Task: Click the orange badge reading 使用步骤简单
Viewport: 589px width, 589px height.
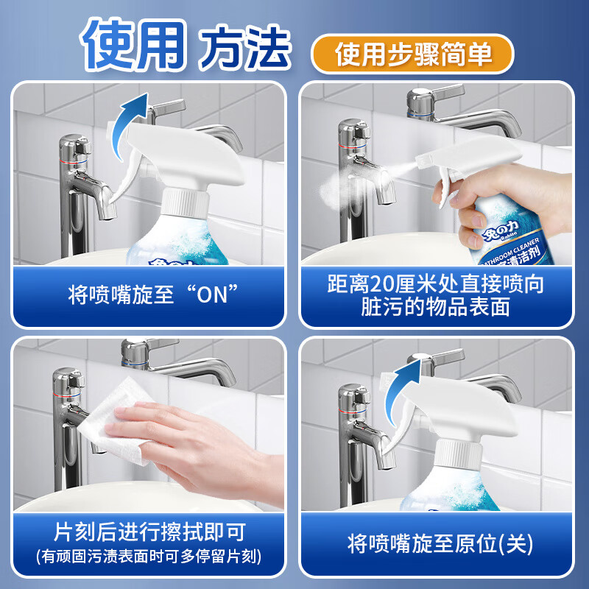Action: click(412, 53)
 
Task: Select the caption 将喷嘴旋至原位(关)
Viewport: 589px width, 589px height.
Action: click(440, 544)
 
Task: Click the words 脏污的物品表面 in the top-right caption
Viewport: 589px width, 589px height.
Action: click(437, 307)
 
